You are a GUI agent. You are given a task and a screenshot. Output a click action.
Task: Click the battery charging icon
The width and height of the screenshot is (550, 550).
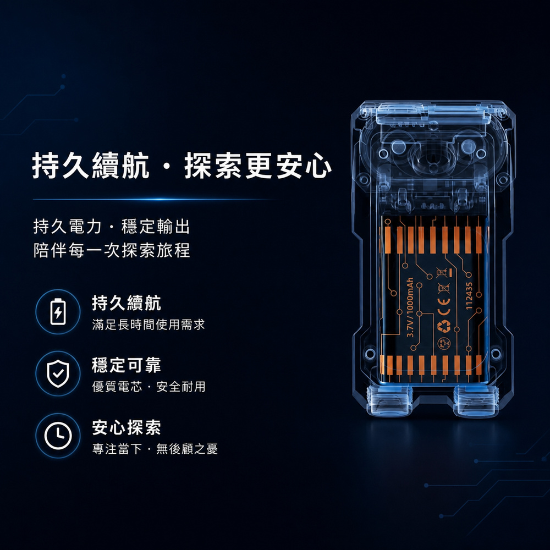pyautogui.click(x=58, y=312)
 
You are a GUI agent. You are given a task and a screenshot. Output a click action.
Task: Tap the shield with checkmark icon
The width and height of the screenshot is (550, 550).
pyautogui.click(x=58, y=373)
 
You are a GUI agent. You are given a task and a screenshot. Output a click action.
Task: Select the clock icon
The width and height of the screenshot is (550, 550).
pyautogui.click(x=58, y=436)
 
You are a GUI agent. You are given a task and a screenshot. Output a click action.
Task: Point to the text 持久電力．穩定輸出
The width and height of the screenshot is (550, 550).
pyautogui.click(x=112, y=226)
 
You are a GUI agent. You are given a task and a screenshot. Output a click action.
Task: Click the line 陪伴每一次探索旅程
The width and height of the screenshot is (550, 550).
pyautogui.click(x=112, y=250)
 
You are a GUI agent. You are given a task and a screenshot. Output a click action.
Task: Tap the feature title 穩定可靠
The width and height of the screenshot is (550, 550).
pyautogui.click(x=127, y=365)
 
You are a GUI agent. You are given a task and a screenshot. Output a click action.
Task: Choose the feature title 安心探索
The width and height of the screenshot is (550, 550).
pyautogui.click(x=127, y=427)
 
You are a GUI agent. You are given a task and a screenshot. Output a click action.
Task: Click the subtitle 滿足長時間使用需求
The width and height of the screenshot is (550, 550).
pyautogui.click(x=148, y=324)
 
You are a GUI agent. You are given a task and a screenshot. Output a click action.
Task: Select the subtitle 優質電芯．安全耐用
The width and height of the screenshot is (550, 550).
pyautogui.click(x=148, y=387)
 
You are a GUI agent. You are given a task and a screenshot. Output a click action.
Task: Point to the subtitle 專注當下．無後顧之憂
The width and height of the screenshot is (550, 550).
pyautogui.click(x=155, y=449)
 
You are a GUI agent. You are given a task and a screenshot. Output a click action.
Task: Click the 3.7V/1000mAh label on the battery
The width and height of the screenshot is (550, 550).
pyautogui.click(x=410, y=307)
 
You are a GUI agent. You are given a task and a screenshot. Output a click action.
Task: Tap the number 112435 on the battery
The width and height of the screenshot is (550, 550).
pyautogui.click(x=469, y=296)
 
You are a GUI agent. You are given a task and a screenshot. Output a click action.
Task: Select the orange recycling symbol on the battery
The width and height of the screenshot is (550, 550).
pyautogui.click(x=444, y=326)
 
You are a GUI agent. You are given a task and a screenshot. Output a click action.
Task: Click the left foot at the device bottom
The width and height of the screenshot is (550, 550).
pyautogui.click(x=388, y=401)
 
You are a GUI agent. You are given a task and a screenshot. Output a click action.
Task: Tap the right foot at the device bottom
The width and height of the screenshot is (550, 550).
pyautogui.click(x=475, y=401)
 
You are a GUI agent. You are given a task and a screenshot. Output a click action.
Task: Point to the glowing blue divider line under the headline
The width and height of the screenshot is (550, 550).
pyautogui.click(x=155, y=200)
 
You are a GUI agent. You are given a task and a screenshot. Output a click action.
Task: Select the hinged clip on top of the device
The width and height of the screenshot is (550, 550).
pyautogui.click(x=433, y=113)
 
